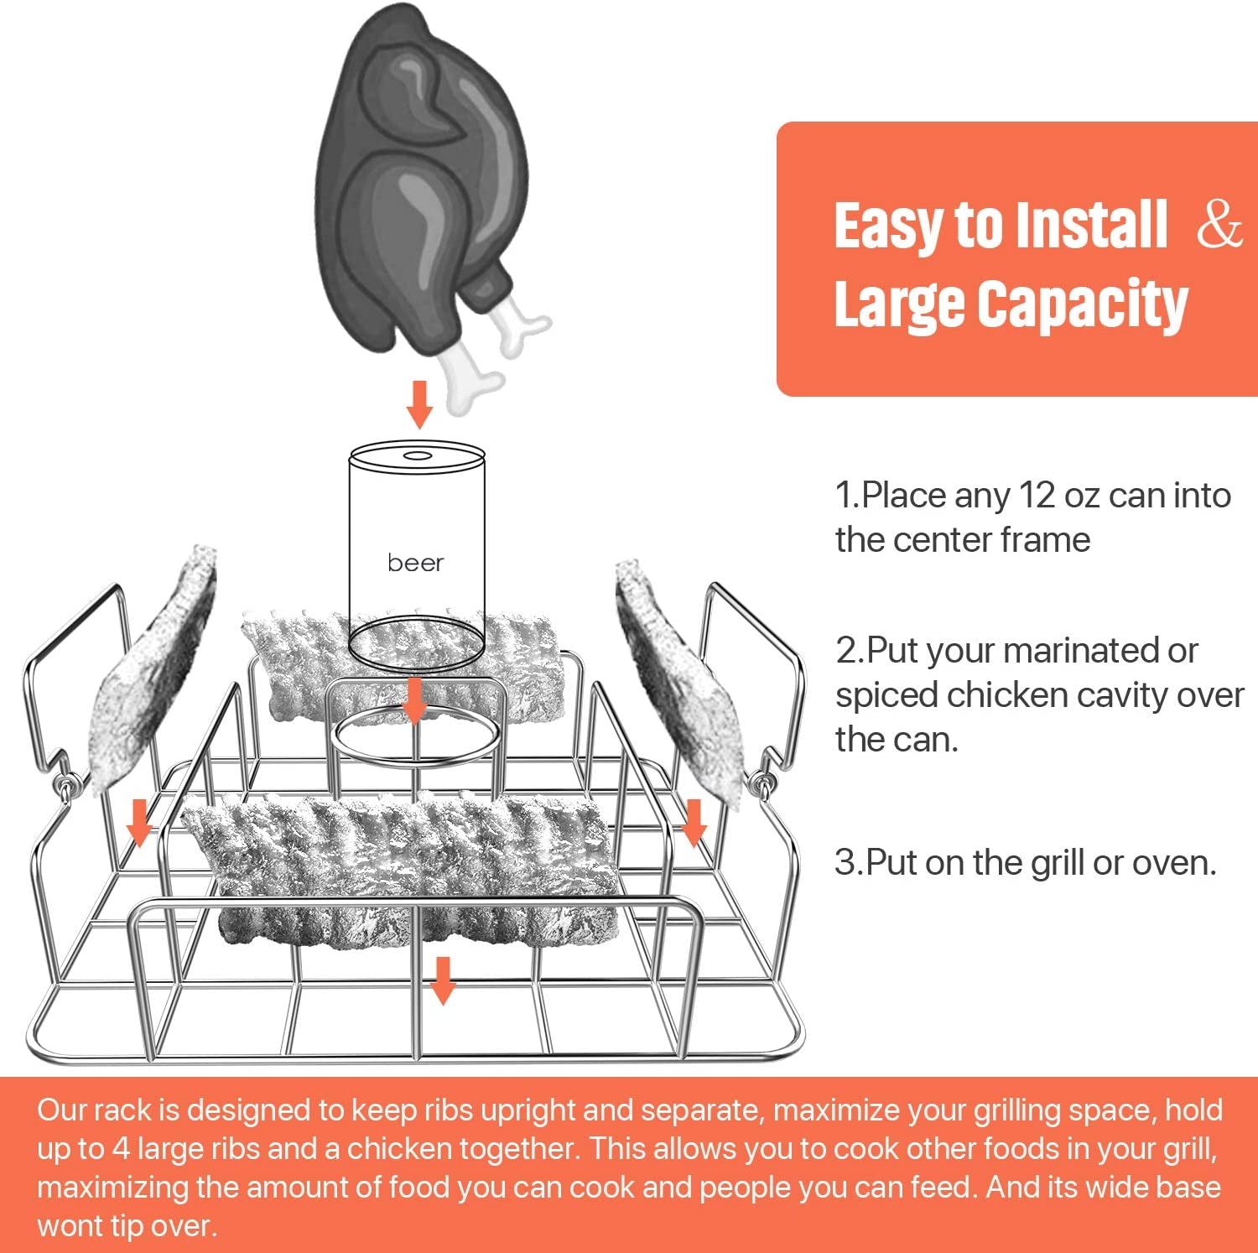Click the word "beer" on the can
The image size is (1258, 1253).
(x=415, y=563)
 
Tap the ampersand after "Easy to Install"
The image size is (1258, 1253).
(x=1219, y=225)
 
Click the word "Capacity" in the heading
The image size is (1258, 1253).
(x=1082, y=304)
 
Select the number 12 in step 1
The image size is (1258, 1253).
(x=1037, y=496)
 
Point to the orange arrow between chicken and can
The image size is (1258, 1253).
(x=419, y=404)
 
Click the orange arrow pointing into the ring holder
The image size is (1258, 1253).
(x=413, y=702)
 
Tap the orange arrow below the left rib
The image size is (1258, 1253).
(x=139, y=822)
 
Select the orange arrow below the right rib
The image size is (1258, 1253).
(x=694, y=822)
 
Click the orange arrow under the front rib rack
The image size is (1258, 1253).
(x=442, y=980)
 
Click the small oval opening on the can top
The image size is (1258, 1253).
(x=417, y=456)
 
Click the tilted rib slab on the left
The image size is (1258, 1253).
(x=155, y=671)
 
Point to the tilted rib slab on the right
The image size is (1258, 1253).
(x=679, y=679)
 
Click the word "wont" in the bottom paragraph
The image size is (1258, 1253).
(x=69, y=1226)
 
